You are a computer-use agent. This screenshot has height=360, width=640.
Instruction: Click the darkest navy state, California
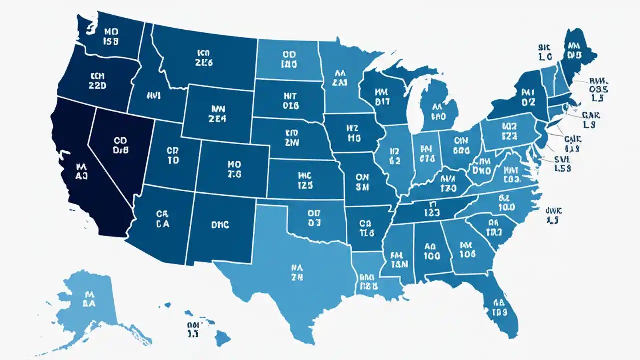(x=80, y=170)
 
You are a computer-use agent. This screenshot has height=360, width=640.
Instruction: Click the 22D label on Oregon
(x=97, y=85)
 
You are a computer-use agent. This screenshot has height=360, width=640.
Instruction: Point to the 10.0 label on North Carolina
(x=506, y=206)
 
